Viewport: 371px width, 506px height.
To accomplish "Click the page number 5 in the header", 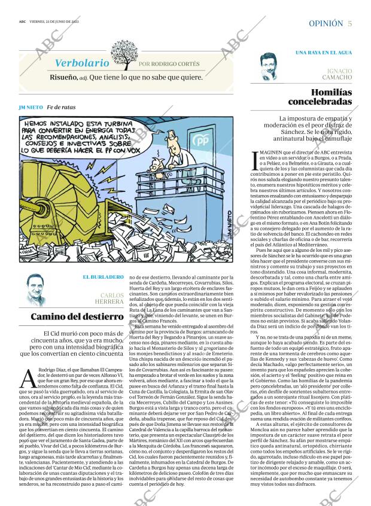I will click(x=349, y=23).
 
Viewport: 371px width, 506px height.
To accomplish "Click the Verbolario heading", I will click(x=82, y=63).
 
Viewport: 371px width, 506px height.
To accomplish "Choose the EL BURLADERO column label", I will click(x=103, y=277).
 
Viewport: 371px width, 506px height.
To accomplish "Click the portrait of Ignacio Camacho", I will click(x=273, y=66).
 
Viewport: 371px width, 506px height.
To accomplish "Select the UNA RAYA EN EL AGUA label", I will click(x=324, y=53).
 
